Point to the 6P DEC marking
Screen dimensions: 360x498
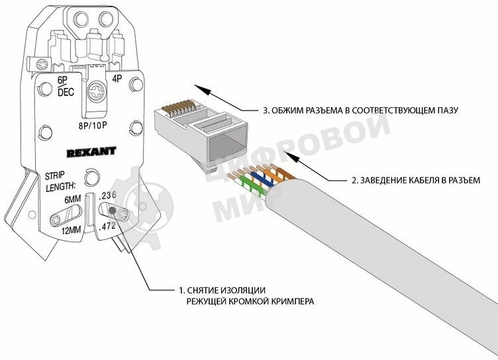point(66,87)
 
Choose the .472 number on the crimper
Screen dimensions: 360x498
point(108,226)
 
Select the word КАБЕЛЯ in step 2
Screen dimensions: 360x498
point(411,179)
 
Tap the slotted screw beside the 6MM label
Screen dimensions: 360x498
point(58,216)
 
